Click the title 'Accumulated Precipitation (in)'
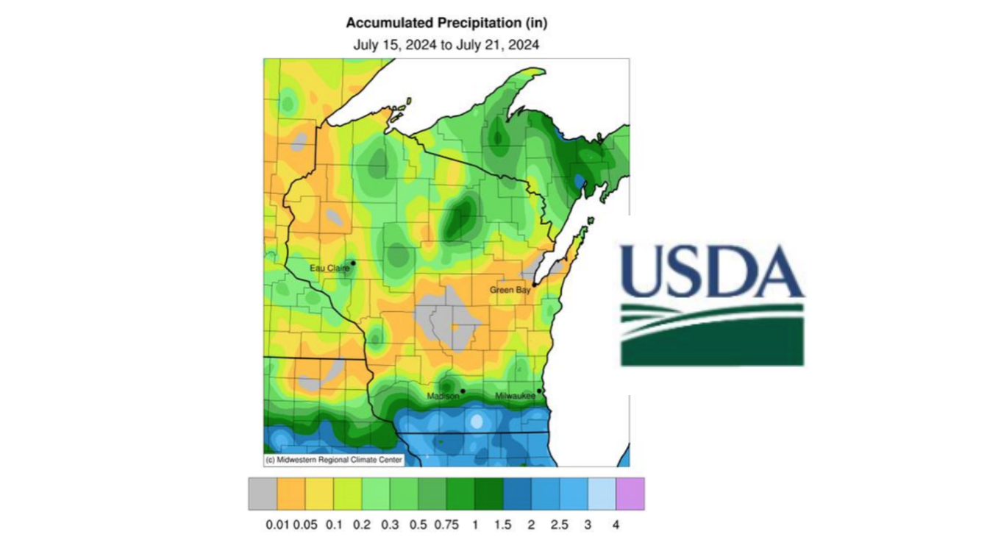[446, 23]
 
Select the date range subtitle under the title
[446, 45]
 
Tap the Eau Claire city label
[329, 268]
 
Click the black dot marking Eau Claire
[353, 263]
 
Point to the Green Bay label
[510, 290]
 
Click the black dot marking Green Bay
[535, 284]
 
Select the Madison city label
[443, 396]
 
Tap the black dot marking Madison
[463, 391]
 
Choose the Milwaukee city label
[515, 396]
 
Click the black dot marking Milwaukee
[540, 391]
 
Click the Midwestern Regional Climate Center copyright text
[334, 460]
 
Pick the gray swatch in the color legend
[263, 494]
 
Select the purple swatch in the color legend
[630, 494]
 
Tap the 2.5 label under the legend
[560, 525]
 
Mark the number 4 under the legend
[616, 525]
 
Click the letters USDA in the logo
[711, 270]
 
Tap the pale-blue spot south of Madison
[477, 422]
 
